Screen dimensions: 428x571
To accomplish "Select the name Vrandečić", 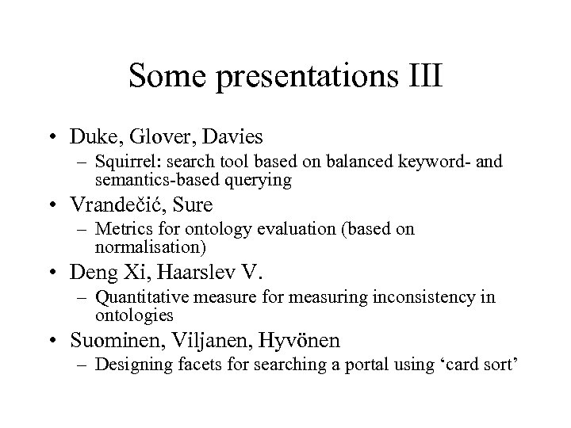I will click(118, 204).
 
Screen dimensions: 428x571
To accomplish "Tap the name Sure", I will click(193, 204).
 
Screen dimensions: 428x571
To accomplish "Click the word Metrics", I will click(119, 231).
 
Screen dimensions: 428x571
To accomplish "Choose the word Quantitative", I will click(136, 298).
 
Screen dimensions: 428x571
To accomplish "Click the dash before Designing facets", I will click(82, 366).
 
